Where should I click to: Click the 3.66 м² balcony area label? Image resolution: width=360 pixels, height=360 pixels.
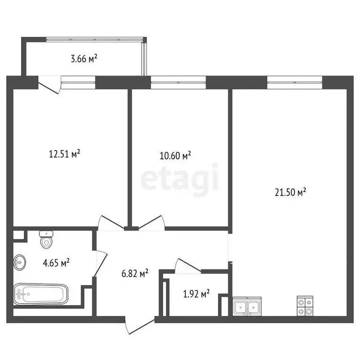coord(84,59)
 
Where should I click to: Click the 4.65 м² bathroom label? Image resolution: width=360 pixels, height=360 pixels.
coord(56,263)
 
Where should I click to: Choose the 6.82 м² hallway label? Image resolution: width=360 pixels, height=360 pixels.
coord(135,273)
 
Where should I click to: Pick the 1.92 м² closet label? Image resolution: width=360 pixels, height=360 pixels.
coord(195,294)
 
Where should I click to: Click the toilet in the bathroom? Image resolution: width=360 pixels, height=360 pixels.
coord(46,240)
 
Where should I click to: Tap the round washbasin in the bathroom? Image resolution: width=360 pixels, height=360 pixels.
coord(20,262)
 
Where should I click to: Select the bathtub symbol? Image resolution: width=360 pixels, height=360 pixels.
coord(41,294)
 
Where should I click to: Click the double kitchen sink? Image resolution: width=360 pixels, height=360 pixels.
coord(247,307)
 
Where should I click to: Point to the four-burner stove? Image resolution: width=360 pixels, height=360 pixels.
coord(305,306)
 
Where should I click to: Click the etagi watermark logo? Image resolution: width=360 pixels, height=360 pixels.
coord(180,177)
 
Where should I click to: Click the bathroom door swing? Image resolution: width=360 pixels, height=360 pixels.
coord(101,263)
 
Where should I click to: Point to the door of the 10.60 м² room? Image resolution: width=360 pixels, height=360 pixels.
coord(151,222)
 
